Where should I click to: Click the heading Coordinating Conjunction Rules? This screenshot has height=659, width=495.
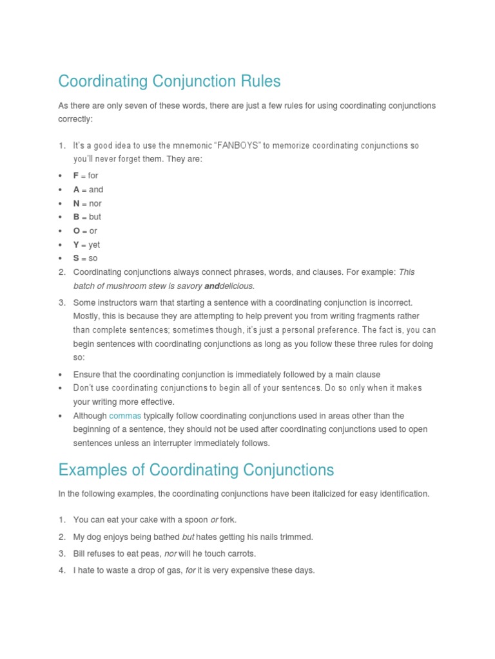point(170,82)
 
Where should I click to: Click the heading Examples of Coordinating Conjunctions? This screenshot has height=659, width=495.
point(196,470)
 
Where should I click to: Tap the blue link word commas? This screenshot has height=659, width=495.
point(124,416)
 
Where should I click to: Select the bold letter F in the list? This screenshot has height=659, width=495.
point(76,176)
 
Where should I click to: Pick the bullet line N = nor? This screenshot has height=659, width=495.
point(87,203)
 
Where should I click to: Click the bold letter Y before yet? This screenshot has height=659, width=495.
point(76,245)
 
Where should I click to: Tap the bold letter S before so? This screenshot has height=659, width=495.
point(76,258)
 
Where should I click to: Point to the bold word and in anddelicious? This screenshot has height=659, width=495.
point(212,286)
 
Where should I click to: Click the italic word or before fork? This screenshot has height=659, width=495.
point(215,519)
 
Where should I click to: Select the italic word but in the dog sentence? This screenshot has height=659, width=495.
point(188,537)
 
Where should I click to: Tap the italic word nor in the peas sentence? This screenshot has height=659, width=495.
point(171,553)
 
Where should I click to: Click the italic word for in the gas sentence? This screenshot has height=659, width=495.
point(190,570)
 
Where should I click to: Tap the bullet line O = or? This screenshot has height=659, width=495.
point(85,230)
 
